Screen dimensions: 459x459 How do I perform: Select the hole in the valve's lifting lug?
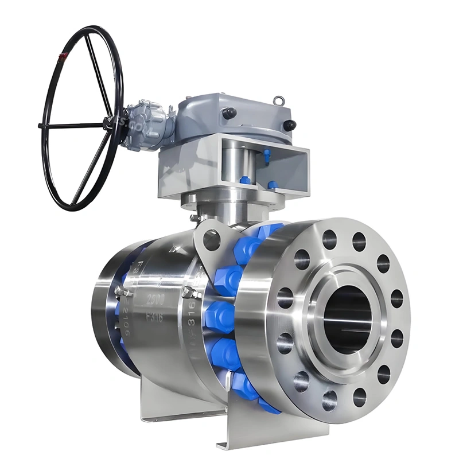click(211, 239)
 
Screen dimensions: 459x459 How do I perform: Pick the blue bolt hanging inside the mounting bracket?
click(266, 155)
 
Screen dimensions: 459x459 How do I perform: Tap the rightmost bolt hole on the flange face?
click(396, 298)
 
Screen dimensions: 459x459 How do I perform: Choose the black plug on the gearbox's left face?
click(229, 113)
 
